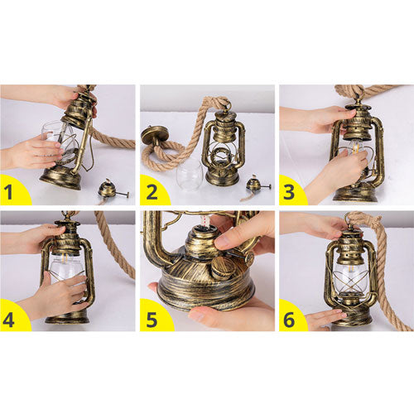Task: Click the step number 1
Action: click(x=8, y=192)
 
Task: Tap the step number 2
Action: click(x=152, y=192)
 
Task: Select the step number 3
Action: click(x=289, y=192)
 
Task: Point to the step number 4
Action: click(x=8, y=320)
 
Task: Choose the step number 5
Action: click(x=152, y=320)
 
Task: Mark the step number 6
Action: click(x=289, y=320)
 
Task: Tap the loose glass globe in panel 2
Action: click(x=190, y=175)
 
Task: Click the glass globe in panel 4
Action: click(x=66, y=272)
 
